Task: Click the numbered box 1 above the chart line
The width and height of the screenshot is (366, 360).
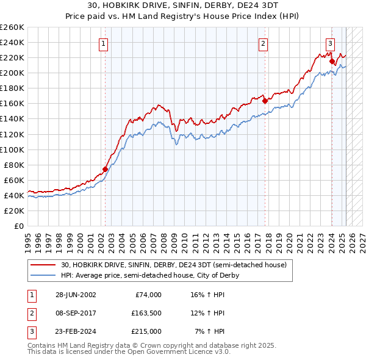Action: [104, 43]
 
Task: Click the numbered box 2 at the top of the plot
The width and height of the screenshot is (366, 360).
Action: [263, 43]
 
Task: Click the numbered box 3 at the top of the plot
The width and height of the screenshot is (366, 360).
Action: [330, 43]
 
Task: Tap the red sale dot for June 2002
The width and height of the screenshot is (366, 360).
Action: [105, 169]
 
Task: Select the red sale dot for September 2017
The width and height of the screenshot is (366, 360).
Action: [265, 101]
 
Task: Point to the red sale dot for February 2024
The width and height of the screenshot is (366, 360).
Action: [332, 61]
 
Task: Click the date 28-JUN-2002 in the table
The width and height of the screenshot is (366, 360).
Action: [76, 295]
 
